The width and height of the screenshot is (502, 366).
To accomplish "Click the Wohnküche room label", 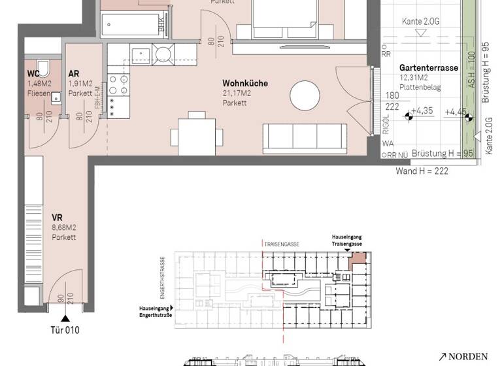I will (x=245, y=84).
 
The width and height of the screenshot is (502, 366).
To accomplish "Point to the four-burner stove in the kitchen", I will (x=120, y=82).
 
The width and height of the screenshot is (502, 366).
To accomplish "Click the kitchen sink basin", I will (x=139, y=54).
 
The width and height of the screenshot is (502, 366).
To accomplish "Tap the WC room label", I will (x=33, y=74).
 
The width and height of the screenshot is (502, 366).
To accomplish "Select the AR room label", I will (x=74, y=74).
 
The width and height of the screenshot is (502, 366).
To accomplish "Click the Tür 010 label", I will (x=65, y=330).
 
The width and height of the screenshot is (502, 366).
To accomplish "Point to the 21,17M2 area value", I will (x=237, y=93).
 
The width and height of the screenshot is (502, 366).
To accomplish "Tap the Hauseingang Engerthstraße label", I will (x=154, y=309).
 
